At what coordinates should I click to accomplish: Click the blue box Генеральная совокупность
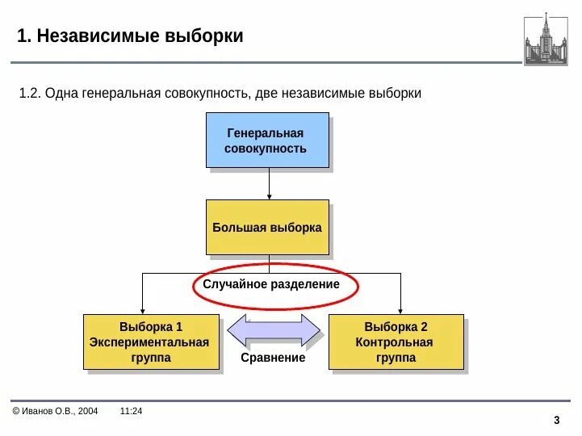(x=267, y=140)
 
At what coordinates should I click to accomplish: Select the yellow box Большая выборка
(x=267, y=227)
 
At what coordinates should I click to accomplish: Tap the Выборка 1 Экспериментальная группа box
(x=151, y=342)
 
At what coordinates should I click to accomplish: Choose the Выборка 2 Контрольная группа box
(x=396, y=342)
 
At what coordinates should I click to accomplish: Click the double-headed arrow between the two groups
(x=274, y=330)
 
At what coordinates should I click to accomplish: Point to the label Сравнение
(x=273, y=358)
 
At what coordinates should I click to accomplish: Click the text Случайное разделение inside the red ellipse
(x=271, y=284)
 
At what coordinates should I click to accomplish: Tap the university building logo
(x=546, y=39)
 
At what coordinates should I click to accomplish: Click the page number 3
(x=557, y=420)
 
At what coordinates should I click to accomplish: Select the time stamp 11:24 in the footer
(x=131, y=411)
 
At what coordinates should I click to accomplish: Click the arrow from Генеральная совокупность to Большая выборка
(x=269, y=183)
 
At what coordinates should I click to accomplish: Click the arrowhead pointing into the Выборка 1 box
(x=143, y=308)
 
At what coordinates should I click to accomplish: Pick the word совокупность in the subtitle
(x=207, y=94)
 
